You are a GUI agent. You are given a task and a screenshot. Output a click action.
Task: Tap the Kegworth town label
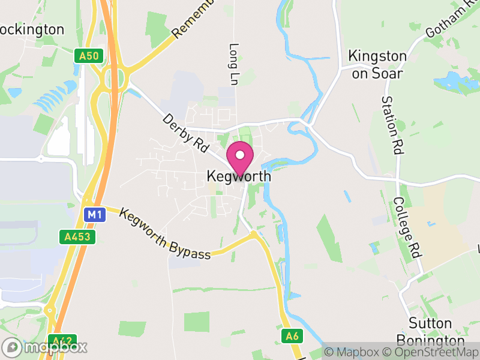(x=239, y=177)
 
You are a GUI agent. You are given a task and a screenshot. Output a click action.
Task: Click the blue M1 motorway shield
(x=94, y=214)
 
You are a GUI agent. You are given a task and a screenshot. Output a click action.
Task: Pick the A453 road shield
(x=78, y=238)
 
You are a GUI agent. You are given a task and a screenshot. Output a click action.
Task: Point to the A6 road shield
(x=292, y=335)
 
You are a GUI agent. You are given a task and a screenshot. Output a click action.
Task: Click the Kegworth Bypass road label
(x=165, y=234)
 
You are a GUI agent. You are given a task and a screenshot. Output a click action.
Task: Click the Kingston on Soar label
(x=377, y=63)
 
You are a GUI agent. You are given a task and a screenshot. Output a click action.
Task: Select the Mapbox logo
(x=45, y=347)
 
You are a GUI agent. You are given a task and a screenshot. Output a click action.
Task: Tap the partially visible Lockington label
(x=33, y=29)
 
